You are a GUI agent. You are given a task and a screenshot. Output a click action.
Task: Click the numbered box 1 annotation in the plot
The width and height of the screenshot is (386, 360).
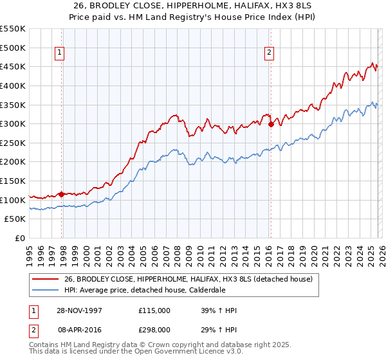[x=59, y=53]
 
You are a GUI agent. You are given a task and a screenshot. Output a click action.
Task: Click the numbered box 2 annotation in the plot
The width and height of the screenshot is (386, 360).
[x=268, y=53]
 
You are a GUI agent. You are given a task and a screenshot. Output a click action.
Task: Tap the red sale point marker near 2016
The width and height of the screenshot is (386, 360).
[x=271, y=124]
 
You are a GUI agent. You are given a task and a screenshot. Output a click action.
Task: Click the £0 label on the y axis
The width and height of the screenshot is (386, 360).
[x=21, y=239]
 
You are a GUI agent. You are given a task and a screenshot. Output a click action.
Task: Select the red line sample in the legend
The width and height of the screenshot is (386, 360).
[x=45, y=279]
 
